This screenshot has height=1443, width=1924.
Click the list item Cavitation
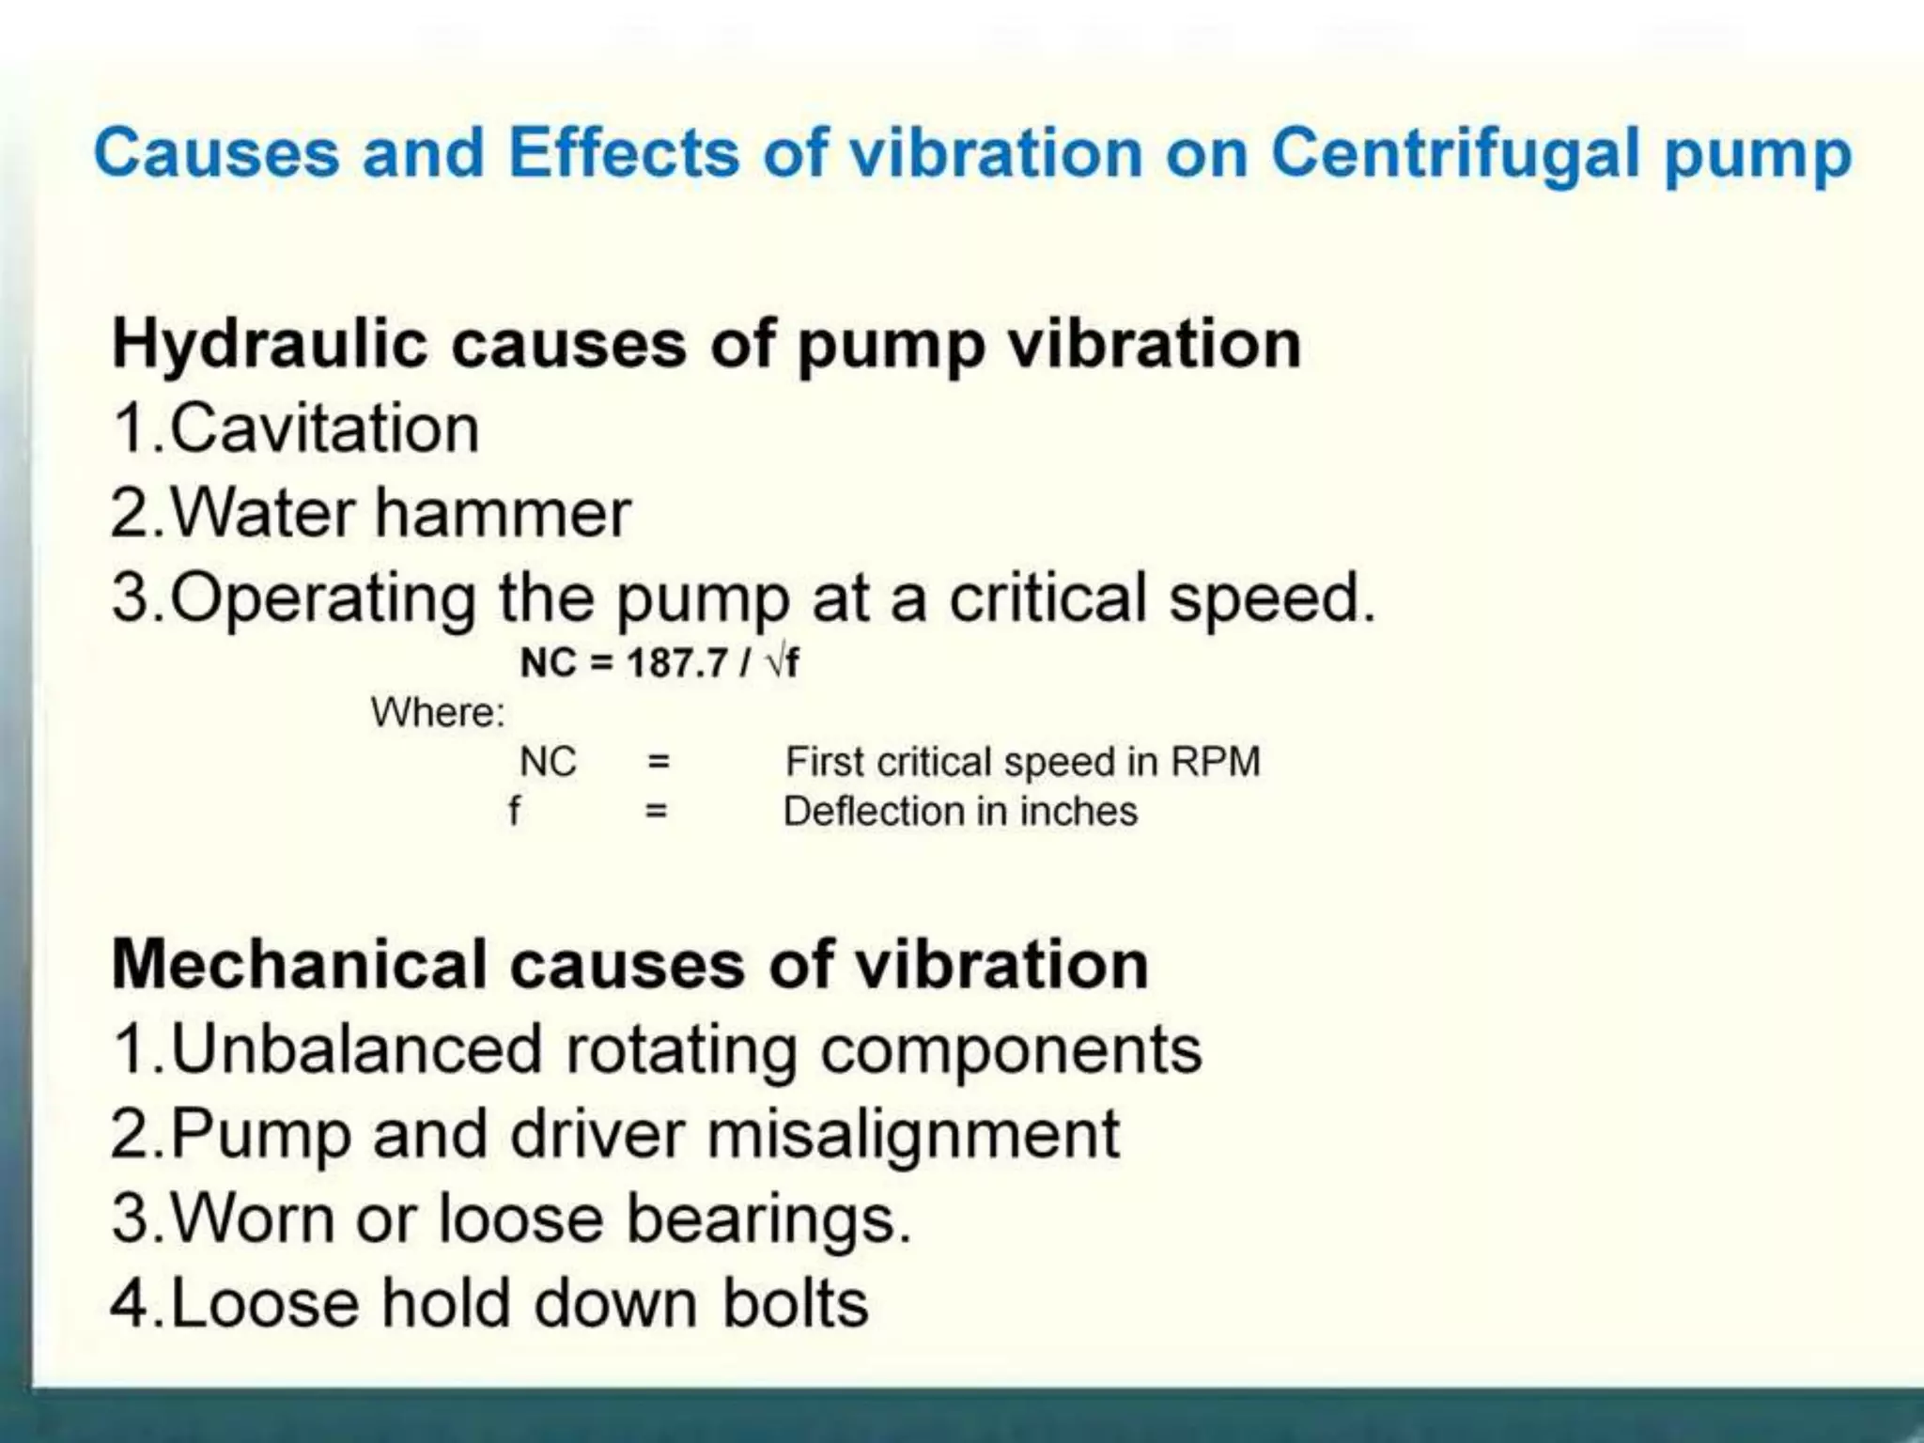pos(325,429)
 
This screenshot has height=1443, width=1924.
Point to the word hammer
pos(504,514)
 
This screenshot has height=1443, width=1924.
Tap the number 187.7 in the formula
pos(676,663)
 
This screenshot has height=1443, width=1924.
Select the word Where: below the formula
pos(438,713)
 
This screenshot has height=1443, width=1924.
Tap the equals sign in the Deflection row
pos(657,812)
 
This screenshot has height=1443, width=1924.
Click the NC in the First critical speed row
pos(548,762)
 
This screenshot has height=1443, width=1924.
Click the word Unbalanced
pos(357,1049)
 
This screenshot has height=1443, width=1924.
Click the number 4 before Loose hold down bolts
pos(129,1304)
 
